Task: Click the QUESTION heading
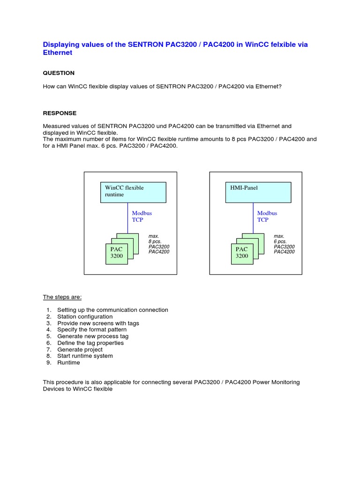coord(59,73)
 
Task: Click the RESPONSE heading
coord(60,113)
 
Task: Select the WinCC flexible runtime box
coord(133,192)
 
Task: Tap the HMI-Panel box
coord(258,192)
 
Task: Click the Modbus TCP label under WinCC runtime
coord(142,216)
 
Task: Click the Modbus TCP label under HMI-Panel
coord(267,216)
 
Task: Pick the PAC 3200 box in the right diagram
coord(242,253)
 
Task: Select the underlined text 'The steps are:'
coord(62,297)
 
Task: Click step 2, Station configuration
coord(85,317)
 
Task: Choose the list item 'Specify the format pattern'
coord(92,330)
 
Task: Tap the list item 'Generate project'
coord(80,350)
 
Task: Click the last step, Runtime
coord(68,363)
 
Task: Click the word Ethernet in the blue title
coord(58,53)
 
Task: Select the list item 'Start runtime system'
coord(85,356)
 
